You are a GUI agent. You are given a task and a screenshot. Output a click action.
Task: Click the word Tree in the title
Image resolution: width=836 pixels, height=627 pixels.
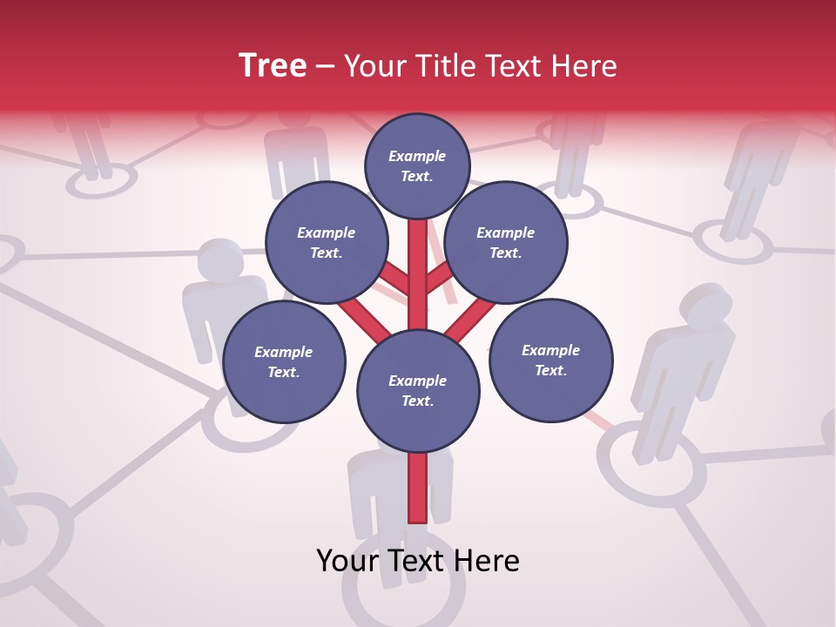coord(273,66)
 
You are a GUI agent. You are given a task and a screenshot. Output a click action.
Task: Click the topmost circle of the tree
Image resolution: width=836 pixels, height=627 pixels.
coord(417,165)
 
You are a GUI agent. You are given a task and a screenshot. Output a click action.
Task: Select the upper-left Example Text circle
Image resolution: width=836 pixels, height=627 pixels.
coord(326,242)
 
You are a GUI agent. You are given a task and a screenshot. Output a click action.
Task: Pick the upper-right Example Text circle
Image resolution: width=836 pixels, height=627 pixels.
coord(506,242)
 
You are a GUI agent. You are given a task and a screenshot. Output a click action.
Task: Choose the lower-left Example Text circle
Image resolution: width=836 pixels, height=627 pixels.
coord(284,361)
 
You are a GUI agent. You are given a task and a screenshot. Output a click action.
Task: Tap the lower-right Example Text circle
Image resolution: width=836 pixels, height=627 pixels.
coord(550,360)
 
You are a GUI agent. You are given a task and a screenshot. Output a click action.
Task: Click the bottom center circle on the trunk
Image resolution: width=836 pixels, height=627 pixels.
coord(418,390)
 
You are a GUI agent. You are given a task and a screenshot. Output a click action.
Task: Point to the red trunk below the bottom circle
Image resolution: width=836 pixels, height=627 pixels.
coord(418,488)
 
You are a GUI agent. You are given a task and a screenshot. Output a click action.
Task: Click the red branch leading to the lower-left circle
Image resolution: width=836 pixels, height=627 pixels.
coord(364,318)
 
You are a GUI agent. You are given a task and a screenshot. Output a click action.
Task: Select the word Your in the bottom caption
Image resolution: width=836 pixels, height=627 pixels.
coord(347,561)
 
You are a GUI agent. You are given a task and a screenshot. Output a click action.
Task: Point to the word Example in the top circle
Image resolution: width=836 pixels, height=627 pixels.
coord(417,156)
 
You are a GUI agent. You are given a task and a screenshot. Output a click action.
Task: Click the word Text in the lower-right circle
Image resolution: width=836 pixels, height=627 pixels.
coord(550,370)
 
